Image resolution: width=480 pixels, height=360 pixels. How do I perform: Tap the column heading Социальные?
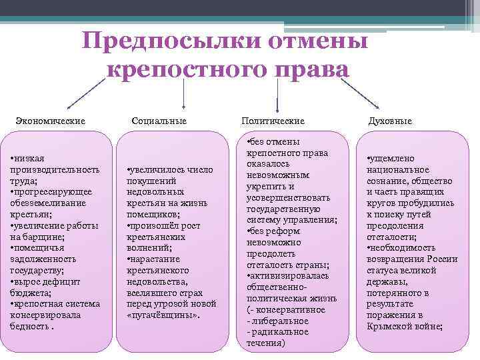click(x=159, y=121)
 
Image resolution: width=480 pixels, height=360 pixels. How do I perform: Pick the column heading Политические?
click(x=273, y=121)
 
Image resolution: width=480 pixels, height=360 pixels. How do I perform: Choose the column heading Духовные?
click(x=390, y=121)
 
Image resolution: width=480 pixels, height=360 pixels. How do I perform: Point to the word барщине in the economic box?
click(x=45, y=236)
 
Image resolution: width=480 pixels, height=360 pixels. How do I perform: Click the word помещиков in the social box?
click(x=151, y=214)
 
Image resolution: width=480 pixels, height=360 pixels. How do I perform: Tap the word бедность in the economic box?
click(x=29, y=327)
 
